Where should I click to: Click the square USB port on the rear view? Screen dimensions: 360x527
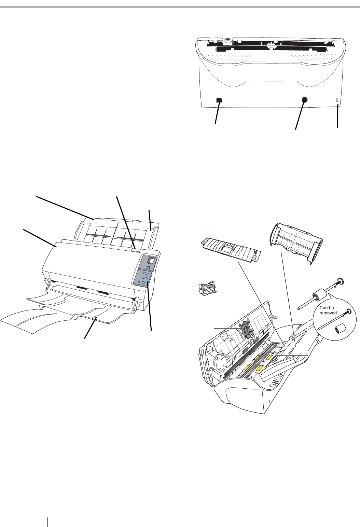pos(219,100)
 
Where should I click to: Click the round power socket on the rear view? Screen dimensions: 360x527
pos(305,99)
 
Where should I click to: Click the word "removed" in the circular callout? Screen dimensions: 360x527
pos(328,313)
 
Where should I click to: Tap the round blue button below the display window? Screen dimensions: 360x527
pos(148,268)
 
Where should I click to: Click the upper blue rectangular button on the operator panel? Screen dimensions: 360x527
pos(147,275)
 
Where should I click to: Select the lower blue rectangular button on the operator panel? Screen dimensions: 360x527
pos(145,278)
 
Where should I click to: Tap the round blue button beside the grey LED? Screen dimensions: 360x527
pos(143,282)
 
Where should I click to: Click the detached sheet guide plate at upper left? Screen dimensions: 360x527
pos(231,249)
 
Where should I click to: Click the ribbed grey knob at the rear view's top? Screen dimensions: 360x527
pos(227,41)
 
